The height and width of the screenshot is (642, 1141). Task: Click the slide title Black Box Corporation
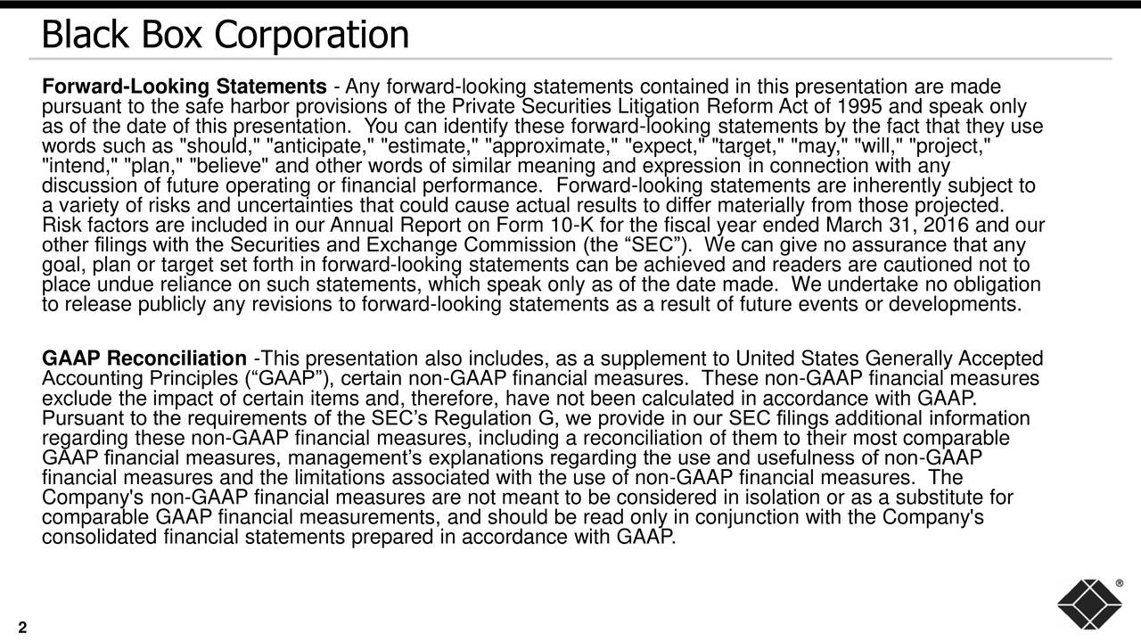pyautogui.click(x=225, y=36)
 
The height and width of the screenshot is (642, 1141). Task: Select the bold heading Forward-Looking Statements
pyautogui.click(x=184, y=87)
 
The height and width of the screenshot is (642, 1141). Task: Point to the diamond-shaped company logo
pyautogui.click(x=1088, y=604)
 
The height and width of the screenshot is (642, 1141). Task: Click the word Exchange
pyautogui.click(x=407, y=245)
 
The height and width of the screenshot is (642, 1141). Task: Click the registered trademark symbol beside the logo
pyautogui.click(x=1119, y=583)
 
